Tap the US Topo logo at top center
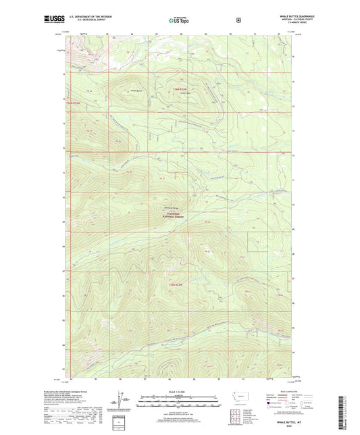pos(179,20)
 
